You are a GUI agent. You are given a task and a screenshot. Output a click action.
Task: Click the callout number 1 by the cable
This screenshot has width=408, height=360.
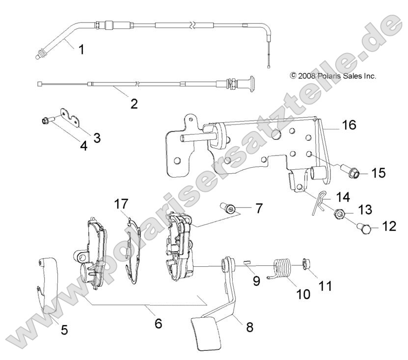(x=82, y=49)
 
